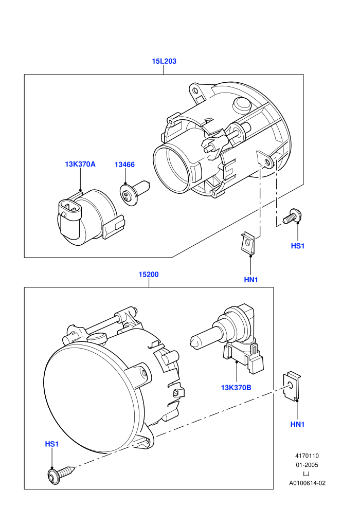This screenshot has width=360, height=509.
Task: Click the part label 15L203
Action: click(x=164, y=61)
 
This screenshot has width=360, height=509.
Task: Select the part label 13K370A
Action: click(x=80, y=164)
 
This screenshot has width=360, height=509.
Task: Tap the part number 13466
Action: click(x=124, y=165)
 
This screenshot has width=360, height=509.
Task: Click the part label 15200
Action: click(x=149, y=275)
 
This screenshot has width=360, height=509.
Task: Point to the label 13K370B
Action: click(x=236, y=388)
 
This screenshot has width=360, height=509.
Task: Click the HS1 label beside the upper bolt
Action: click(x=298, y=246)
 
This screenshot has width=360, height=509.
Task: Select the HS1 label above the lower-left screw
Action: click(x=51, y=444)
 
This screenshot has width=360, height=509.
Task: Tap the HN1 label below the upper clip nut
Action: click(x=251, y=280)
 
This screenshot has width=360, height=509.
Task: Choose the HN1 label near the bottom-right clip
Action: click(x=297, y=424)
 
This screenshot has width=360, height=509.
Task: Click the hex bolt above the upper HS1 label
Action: click(x=292, y=216)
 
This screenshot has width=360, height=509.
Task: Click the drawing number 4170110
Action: click(x=307, y=456)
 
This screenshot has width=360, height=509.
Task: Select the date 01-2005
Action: click(x=307, y=465)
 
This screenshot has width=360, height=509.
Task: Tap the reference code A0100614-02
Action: click(x=307, y=483)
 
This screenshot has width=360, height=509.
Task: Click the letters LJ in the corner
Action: click(x=306, y=474)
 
